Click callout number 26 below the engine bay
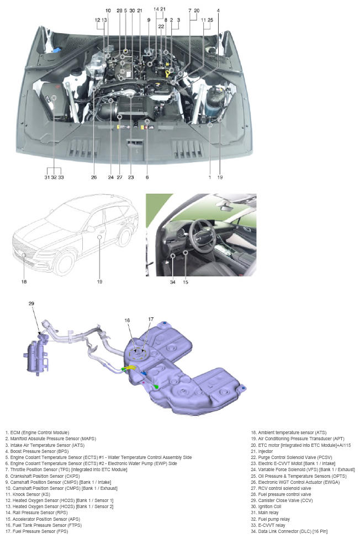point(94,178)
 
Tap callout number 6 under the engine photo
point(147,178)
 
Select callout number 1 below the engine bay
point(210,178)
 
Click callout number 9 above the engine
point(149,20)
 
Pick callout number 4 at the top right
point(218,10)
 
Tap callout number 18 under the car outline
point(24,281)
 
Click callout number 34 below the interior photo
point(173,282)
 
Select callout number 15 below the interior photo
point(186,282)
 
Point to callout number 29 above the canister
point(31,303)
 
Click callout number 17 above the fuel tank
point(151,319)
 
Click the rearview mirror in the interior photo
point(226,207)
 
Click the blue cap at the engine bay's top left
point(56,50)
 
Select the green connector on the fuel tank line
point(157,387)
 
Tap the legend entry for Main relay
point(264,513)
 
